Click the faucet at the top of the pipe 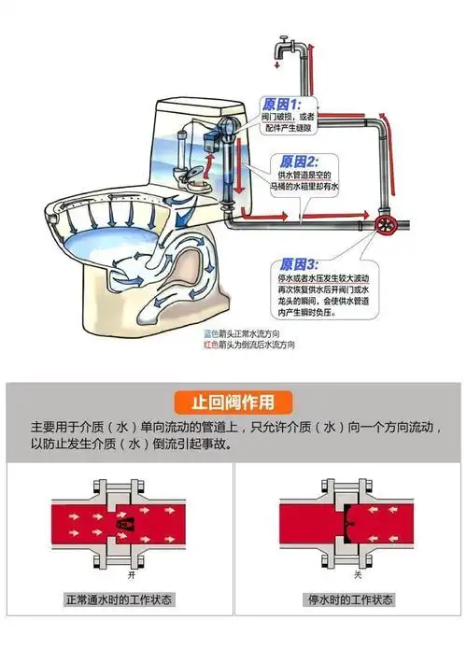click(282, 47)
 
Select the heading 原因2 click(299, 161)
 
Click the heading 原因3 click(298, 265)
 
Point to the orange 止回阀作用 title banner click(233, 402)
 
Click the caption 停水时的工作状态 click(348, 599)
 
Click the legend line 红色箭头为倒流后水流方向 click(251, 345)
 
